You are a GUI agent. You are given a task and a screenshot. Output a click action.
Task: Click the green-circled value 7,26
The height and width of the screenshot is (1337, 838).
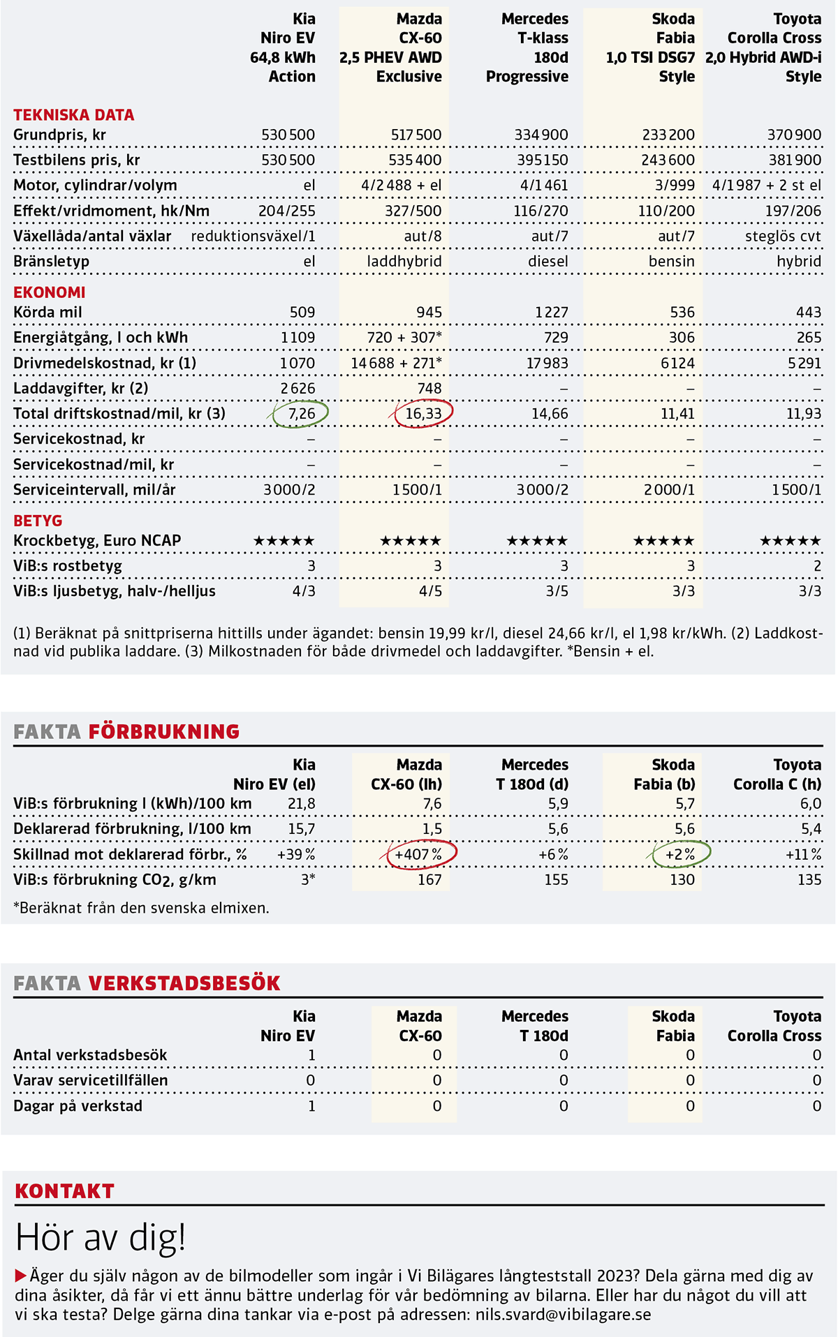click(x=302, y=414)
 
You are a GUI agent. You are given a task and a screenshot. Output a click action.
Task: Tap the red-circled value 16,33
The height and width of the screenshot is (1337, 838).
click(x=423, y=414)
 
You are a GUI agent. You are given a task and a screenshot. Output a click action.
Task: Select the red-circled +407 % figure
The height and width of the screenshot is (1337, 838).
click(x=418, y=854)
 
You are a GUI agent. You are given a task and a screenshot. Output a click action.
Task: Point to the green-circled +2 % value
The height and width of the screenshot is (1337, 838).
click(x=679, y=854)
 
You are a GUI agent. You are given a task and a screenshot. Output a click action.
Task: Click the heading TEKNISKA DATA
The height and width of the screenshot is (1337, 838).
click(x=74, y=115)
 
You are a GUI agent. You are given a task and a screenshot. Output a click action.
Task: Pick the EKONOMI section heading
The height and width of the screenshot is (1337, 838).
click(x=50, y=292)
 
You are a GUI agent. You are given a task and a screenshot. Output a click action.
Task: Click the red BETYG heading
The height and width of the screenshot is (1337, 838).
click(x=38, y=521)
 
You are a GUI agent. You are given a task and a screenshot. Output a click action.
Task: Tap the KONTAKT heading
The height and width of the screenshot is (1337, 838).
click(x=64, y=1190)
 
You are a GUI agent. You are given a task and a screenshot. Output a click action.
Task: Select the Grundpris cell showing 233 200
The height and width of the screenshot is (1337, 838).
click(x=668, y=135)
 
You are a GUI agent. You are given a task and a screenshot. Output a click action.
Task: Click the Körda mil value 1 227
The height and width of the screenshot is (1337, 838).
click(x=552, y=312)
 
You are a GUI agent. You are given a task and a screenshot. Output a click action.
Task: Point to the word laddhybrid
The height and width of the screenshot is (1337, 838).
click(x=404, y=262)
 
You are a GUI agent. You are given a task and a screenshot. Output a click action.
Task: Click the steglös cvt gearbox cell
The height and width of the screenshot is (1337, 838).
click(x=783, y=236)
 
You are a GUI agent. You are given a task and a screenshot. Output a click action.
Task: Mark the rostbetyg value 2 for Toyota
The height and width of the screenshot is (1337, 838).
click(x=817, y=566)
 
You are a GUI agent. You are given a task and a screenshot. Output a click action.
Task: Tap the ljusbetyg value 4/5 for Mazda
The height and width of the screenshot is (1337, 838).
click(x=430, y=591)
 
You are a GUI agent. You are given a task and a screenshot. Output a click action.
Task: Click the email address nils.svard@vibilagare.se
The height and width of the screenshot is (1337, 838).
click(x=563, y=1315)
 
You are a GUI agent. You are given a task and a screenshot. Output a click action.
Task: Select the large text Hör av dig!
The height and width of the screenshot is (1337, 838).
click(x=101, y=1237)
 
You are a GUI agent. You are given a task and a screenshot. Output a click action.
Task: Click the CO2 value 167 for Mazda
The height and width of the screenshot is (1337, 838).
click(x=429, y=879)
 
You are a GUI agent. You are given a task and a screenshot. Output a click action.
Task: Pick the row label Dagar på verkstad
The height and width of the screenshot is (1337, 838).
click(x=78, y=1106)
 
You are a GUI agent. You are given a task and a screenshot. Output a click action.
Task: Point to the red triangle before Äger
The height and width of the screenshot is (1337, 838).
click(x=20, y=1276)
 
